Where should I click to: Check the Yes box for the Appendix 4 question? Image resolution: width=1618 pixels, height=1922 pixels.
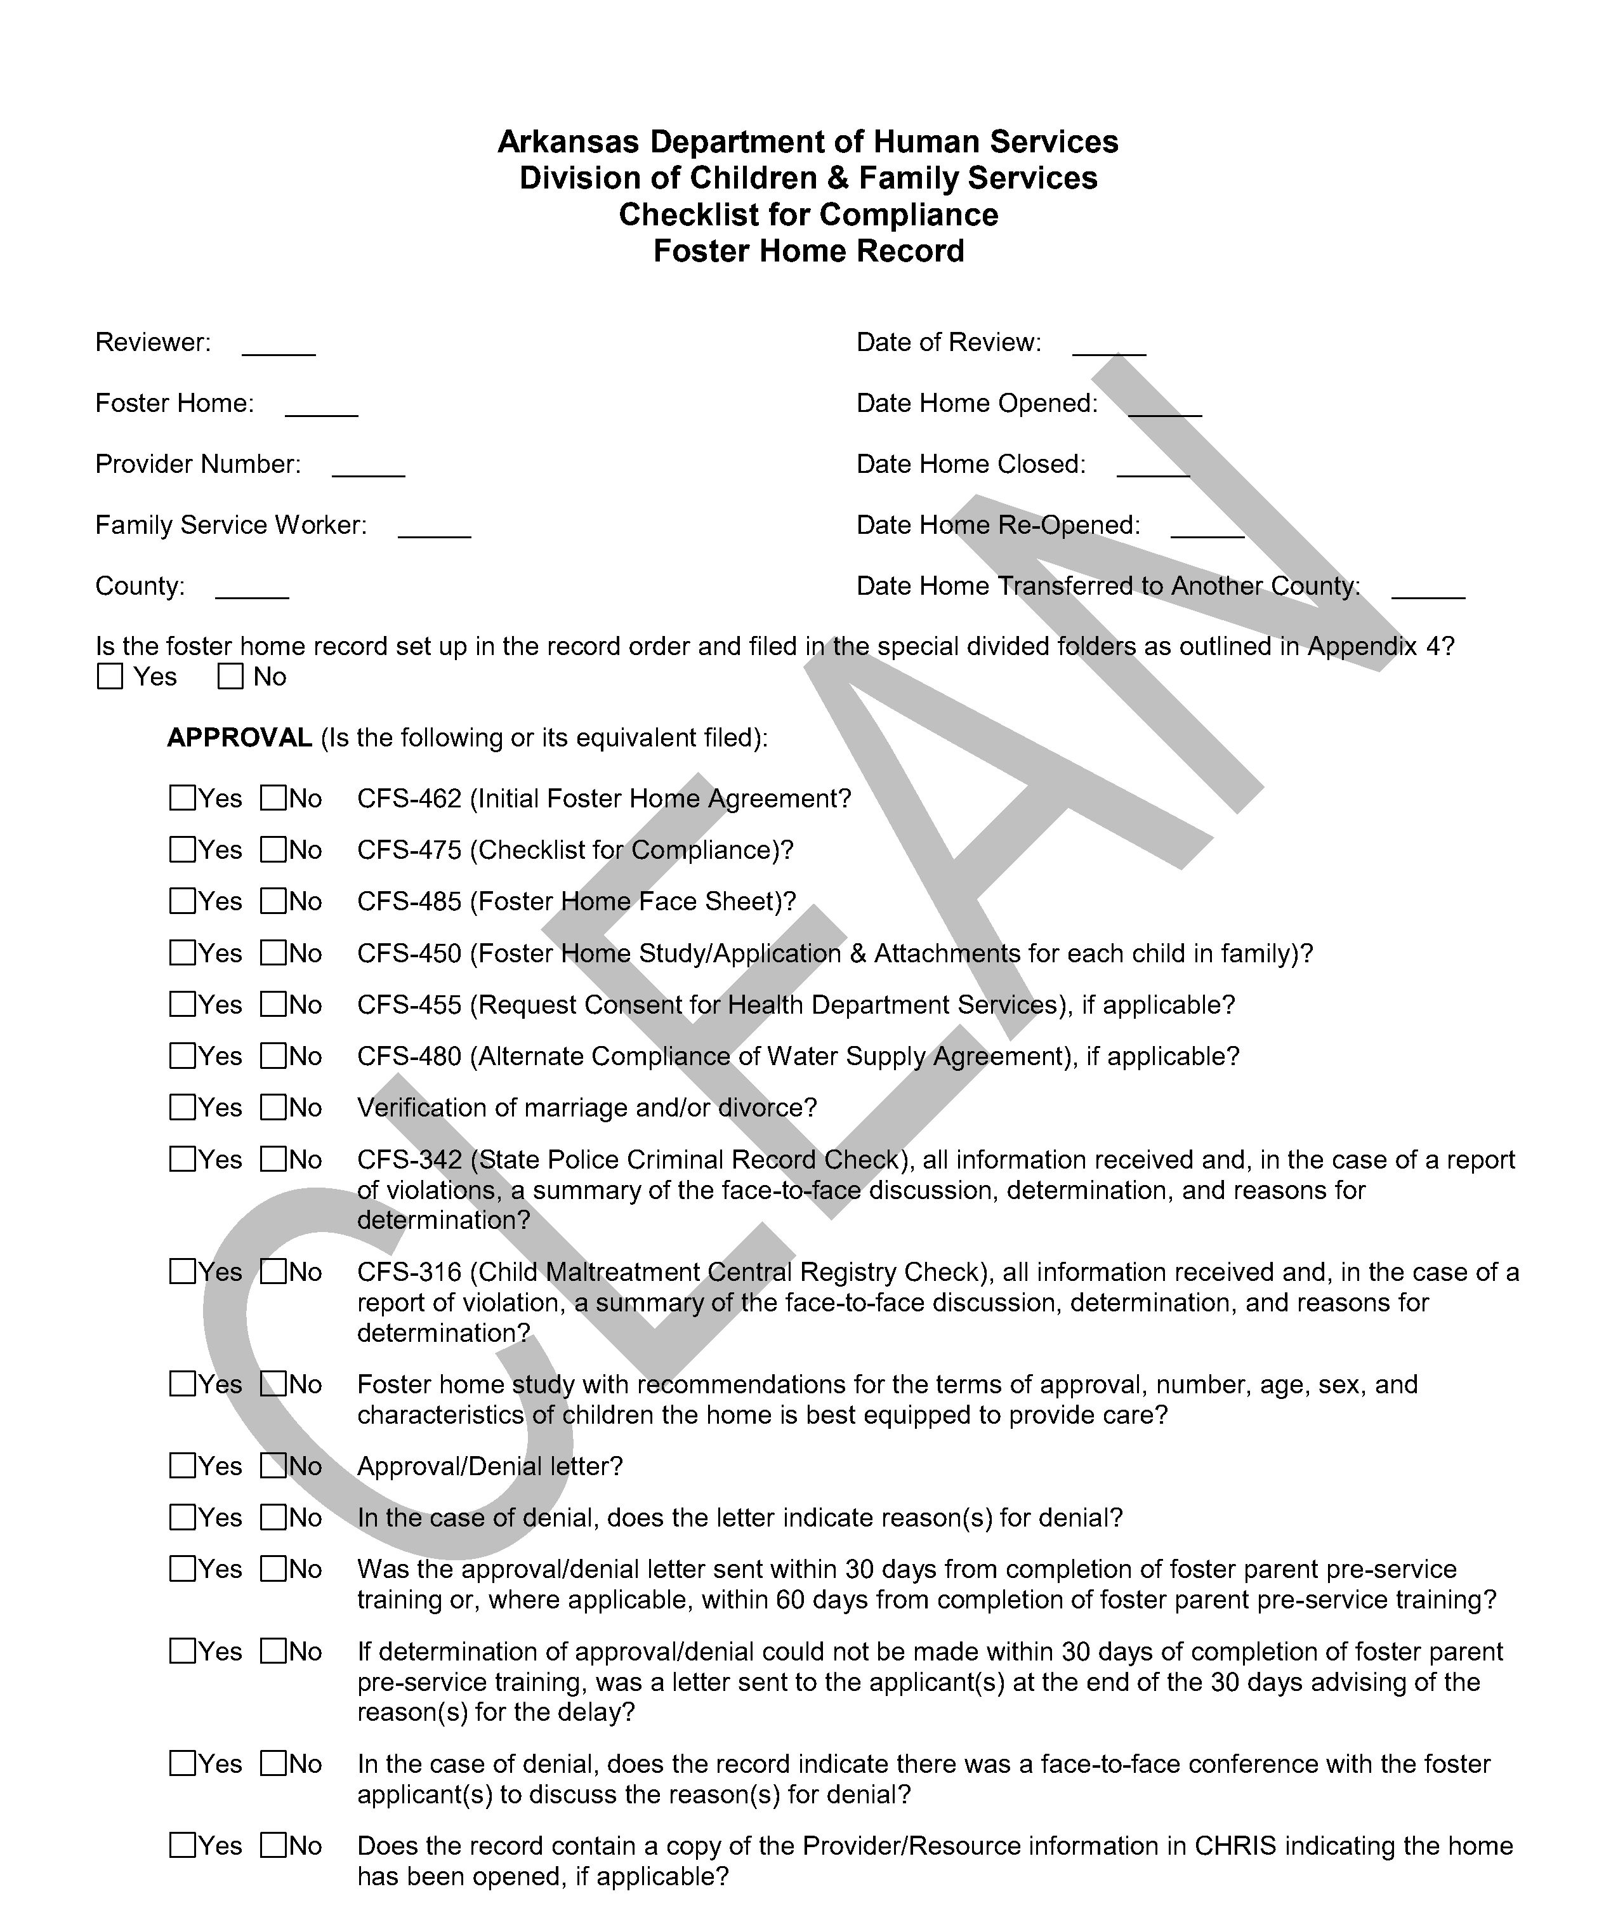pos(110,677)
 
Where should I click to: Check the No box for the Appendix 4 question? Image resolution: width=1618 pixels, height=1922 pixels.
pos(230,677)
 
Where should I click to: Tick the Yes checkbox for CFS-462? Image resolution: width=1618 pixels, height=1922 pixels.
pos(183,798)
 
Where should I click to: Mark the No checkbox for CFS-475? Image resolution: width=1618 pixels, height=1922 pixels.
pos(273,849)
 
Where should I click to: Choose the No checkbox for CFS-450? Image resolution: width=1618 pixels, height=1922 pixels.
pos(273,953)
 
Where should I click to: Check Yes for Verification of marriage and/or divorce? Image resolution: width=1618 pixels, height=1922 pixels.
pos(183,1108)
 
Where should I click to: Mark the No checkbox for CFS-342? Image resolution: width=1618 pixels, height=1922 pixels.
pos(273,1160)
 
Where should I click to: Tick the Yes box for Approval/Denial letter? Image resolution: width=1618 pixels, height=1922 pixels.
pos(183,1466)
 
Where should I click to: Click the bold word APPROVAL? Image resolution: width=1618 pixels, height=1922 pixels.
pos(239,738)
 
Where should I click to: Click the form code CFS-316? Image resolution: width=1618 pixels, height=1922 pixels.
pos(409,1273)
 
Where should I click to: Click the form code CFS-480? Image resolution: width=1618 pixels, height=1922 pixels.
pos(409,1057)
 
